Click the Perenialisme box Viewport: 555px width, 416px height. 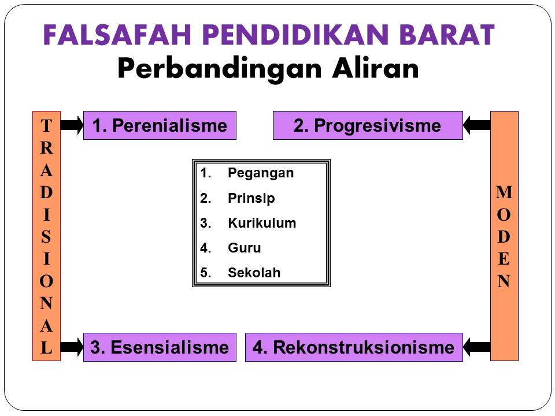160,125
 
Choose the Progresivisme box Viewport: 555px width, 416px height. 368,125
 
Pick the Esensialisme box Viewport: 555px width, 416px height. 160,347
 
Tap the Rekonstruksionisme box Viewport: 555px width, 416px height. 354,347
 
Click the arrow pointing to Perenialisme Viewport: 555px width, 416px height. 72,125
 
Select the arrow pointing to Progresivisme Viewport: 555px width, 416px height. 477,125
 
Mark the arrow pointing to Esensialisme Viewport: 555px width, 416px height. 72,347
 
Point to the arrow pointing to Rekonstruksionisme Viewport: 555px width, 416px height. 477,347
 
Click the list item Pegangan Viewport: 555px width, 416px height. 261,173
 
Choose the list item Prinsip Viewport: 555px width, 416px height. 251,198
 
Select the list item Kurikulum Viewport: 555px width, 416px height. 262,223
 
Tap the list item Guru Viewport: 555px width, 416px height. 245,248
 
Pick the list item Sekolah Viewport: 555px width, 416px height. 254,273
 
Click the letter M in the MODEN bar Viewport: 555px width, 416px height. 504,192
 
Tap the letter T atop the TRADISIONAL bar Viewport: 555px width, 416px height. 46,125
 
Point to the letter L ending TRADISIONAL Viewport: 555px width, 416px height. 46,348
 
